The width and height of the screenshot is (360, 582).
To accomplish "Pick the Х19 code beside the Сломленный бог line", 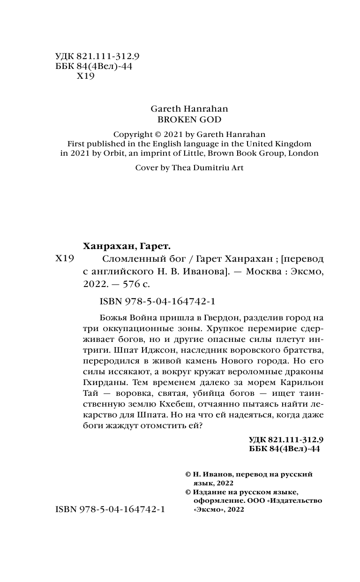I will [65, 259].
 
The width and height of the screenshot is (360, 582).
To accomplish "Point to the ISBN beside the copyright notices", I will [110, 509].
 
